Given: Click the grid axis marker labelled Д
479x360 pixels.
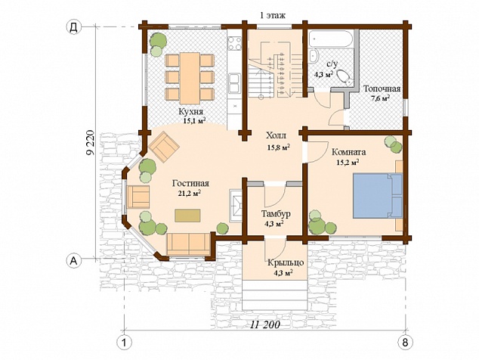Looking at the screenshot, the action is (73, 27).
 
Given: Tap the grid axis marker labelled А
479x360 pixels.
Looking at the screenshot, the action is (73, 260).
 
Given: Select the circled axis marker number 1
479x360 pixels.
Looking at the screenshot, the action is (124, 342).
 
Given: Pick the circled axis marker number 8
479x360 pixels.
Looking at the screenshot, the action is (405, 342).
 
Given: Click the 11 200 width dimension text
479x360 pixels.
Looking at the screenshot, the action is (265, 324).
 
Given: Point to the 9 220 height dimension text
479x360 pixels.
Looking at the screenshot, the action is (91, 144).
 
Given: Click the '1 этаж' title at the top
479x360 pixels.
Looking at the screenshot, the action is (272, 15).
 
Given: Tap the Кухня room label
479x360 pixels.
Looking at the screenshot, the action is (192, 111).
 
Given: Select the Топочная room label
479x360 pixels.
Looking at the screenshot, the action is (382, 88).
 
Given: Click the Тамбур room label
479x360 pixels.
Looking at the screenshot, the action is (276, 213).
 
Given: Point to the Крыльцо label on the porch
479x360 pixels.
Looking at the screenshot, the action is (286, 262).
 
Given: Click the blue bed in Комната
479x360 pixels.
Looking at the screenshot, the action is (378, 195).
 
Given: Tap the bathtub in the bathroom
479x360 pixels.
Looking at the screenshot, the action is (330, 39).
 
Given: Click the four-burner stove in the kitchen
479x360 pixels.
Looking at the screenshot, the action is (234, 43).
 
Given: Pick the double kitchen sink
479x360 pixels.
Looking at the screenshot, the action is (234, 83).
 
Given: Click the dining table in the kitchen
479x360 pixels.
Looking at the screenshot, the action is (190, 79).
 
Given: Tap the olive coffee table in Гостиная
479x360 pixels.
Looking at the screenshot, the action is (187, 216).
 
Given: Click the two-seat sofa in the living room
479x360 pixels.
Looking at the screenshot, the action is (189, 244).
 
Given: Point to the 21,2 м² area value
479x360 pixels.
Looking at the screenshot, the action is (190, 193).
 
